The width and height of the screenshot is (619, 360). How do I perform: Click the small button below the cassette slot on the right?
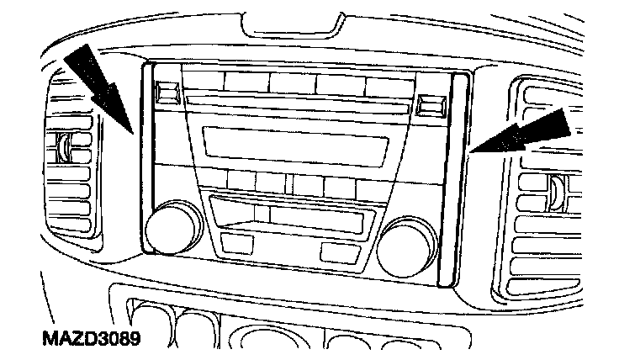pyautogui.click(x=336, y=251)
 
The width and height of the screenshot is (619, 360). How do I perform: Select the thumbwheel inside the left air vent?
pyautogui.click(x=63, y=148)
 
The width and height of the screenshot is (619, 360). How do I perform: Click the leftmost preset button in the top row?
pyautogui.click(x=203, y=82)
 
